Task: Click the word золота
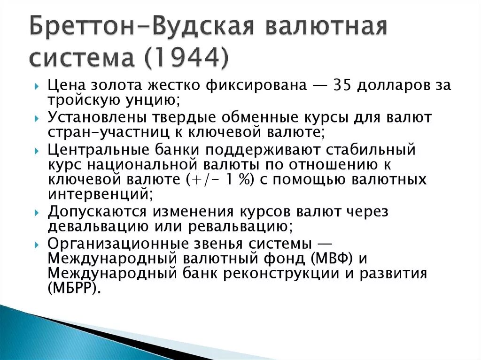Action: tap(124, 86)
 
